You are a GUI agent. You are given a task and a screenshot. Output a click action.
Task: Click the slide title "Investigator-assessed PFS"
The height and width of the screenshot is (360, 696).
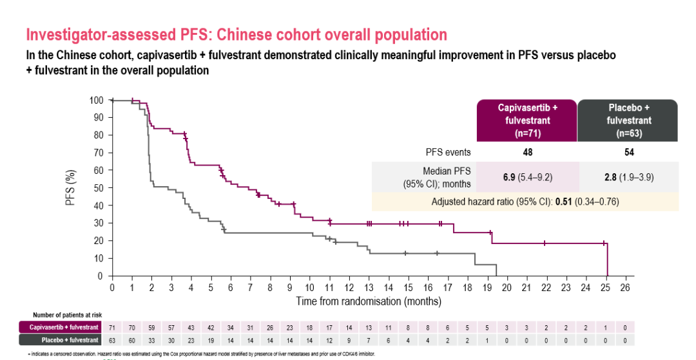237,34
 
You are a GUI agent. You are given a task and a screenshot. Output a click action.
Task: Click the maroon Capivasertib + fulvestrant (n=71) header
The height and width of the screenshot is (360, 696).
527,120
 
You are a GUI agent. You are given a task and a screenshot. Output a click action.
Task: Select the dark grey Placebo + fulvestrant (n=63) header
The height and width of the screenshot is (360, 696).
629,120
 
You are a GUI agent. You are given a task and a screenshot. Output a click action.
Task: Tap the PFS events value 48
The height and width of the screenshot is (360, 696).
527,153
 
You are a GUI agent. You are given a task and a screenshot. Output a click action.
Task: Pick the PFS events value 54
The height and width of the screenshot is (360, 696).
629,153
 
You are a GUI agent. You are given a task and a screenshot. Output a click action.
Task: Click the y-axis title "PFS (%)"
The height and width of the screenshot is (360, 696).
72,188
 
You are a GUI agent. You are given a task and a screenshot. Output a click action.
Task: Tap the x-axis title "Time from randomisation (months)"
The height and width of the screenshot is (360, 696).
368,301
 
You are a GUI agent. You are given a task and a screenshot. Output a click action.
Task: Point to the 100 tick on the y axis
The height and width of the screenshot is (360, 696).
96,100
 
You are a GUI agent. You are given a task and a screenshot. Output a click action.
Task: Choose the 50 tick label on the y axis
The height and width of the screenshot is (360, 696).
98,188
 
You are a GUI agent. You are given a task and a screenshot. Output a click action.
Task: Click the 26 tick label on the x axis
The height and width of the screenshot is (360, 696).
624,288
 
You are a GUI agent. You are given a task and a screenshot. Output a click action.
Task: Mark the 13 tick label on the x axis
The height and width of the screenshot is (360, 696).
369,288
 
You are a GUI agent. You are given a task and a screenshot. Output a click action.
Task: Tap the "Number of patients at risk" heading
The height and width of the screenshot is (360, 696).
66,315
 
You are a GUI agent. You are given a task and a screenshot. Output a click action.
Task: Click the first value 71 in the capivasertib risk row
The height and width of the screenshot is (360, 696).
112,328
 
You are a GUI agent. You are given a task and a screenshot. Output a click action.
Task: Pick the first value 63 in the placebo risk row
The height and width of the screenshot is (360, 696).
112,339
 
